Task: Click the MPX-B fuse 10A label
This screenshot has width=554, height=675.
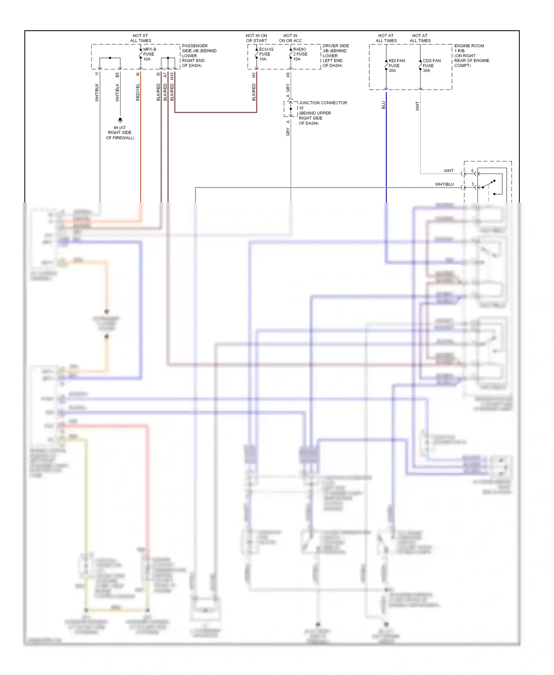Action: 149,54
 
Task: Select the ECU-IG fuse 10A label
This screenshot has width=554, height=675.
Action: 266,54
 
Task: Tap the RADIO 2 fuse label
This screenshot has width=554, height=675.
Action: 300,54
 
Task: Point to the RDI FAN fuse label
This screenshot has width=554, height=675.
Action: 396,66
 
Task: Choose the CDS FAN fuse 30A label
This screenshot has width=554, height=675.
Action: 431,66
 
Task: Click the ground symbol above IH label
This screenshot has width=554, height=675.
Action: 120,120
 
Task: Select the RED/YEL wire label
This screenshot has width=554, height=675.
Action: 138,92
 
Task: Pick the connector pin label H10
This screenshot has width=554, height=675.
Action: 172,76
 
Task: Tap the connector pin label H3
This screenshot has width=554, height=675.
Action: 254,75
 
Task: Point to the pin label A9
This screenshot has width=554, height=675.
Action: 288,75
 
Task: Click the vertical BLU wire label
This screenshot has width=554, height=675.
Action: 383,105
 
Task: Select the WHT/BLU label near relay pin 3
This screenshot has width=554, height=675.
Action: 444,184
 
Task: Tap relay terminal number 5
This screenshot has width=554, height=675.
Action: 472,171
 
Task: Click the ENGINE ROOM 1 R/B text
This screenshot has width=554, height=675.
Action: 471,55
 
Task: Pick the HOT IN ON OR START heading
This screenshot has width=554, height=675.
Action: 256,38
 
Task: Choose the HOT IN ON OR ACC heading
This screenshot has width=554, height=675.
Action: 290,38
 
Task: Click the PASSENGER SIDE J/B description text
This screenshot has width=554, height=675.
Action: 199,55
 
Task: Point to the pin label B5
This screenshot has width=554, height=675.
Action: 117,75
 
